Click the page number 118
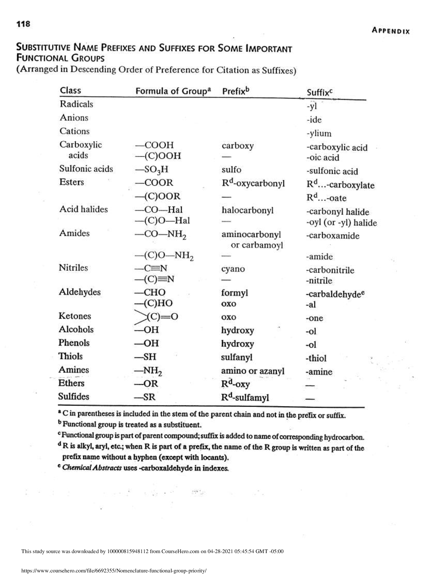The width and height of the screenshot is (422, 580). [23, 24]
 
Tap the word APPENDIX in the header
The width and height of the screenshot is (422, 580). [391, 31]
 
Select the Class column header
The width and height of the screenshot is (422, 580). [70, 90]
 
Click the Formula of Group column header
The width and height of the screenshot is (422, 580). [172, 91]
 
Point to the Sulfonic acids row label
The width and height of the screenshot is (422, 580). [86, 169]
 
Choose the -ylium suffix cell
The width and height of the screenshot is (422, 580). [319, 134]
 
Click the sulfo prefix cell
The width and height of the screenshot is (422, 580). [231, 170]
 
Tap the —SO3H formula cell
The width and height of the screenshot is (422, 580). [151, 170]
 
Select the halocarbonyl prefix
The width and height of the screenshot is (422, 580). [247, 210]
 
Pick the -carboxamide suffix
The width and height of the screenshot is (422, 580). [332, 236]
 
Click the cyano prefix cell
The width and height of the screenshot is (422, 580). [233, 269]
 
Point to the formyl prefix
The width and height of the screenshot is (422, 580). [234, 293]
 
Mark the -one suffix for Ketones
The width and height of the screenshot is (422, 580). [314, 318]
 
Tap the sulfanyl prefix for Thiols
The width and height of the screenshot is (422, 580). [237, 357]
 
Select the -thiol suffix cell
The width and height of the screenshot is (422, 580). [316, 358]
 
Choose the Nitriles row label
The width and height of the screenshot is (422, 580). [73, 268]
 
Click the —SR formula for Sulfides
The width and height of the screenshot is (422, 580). [145, 397]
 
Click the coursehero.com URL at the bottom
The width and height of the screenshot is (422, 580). [114, 571]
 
